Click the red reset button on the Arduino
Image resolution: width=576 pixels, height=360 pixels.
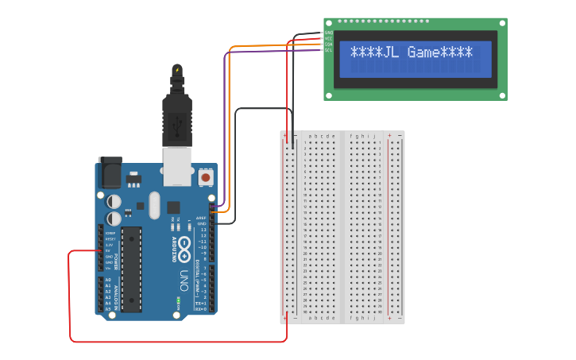click(206, 177)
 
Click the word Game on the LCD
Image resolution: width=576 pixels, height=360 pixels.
click(423, 52)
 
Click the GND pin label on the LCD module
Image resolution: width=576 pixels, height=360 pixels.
click(329, 33)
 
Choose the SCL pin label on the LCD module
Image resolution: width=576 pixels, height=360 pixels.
click(329, 50)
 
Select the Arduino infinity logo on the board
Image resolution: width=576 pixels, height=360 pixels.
click(184, 248)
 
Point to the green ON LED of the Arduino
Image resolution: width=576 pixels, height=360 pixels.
click(178, 302)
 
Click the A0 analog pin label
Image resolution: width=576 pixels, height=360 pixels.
click(107, 280)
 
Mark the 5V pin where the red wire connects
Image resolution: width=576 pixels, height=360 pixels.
click(101, 250)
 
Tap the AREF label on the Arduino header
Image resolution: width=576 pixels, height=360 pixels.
click(202, 217)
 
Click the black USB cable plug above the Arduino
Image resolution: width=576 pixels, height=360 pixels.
click(176, 111)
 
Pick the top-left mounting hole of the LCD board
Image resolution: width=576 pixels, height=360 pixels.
click(329, 23)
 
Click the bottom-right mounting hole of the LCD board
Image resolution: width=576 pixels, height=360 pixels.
click(501, 95)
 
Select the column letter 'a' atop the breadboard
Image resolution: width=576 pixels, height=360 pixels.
click(311, 136)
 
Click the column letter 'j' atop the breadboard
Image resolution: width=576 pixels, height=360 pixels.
click(374, 136)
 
